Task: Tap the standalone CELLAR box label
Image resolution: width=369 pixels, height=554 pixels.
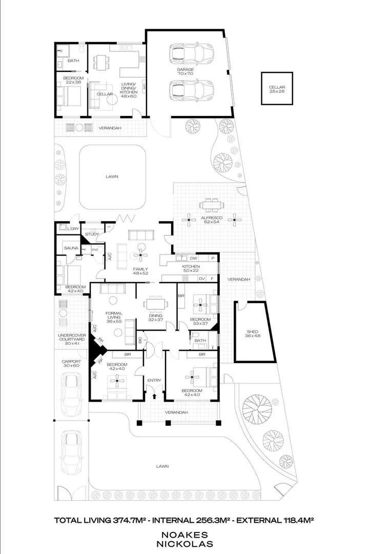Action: [x=276, y=87]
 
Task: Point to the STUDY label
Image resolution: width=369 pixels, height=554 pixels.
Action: [x=92, y=234]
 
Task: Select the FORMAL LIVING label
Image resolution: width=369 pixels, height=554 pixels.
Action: [x=113, y=315]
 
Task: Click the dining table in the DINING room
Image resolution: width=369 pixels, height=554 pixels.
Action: [x=154, y=304]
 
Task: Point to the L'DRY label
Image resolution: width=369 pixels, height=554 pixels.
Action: [x=64, y=228]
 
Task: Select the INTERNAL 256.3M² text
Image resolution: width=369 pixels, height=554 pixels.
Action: [x=184, y=520]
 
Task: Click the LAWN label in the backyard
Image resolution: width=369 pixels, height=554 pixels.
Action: [x=112, y=176]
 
